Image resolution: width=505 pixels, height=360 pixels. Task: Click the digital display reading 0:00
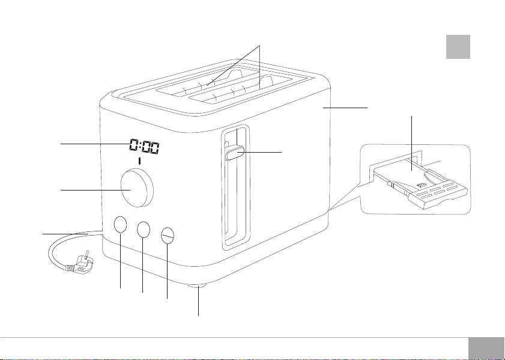145,147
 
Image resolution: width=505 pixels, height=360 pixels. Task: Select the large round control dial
137,188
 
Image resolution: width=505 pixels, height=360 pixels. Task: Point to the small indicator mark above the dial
139,161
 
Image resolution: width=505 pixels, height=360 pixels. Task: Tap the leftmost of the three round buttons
120,224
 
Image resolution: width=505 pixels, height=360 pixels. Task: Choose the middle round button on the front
144,229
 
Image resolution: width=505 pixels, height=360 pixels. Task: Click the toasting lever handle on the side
235,153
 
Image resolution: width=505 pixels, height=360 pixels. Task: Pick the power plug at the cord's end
80,263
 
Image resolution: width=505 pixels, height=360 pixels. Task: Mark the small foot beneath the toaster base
198,285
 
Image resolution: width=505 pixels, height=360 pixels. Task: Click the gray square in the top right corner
458,47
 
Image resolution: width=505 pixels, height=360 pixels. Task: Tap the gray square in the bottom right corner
486,349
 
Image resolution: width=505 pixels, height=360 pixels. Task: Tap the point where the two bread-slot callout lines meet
259,46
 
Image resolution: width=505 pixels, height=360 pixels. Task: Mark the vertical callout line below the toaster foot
198,300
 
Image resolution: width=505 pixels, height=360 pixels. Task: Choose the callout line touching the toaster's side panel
345,108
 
